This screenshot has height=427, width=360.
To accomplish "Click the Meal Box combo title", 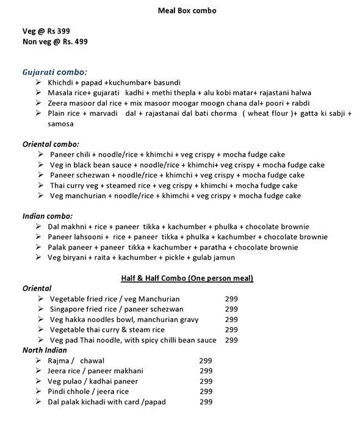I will (179, 11).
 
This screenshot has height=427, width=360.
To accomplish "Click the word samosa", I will (60, 123).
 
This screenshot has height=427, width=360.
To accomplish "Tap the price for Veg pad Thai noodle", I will (231, 340).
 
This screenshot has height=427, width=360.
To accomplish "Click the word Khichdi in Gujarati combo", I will (62, 81).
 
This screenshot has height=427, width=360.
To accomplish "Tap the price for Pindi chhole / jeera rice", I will (206, 392).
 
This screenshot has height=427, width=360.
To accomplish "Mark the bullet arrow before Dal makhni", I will (38, 226).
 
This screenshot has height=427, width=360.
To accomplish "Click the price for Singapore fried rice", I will (231, 309).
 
